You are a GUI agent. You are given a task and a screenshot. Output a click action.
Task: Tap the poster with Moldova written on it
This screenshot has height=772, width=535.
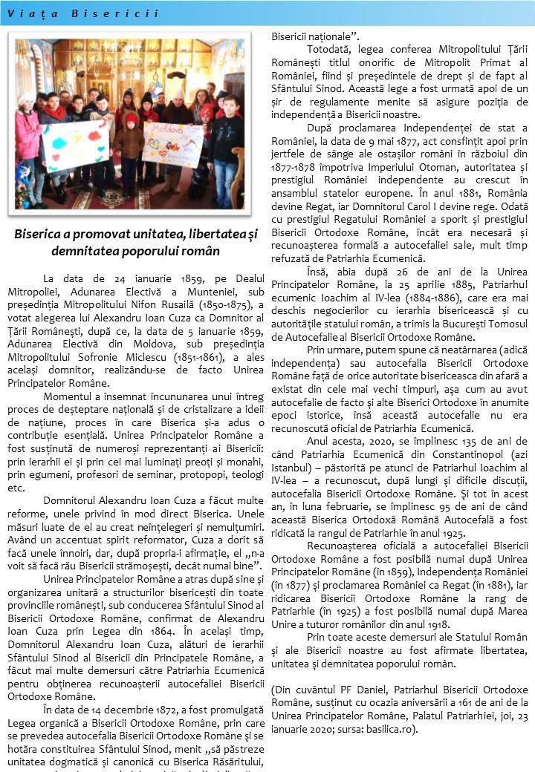(x=172, y=145)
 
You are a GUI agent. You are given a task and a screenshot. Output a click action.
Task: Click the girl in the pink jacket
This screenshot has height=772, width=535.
(x=28, y=145)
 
